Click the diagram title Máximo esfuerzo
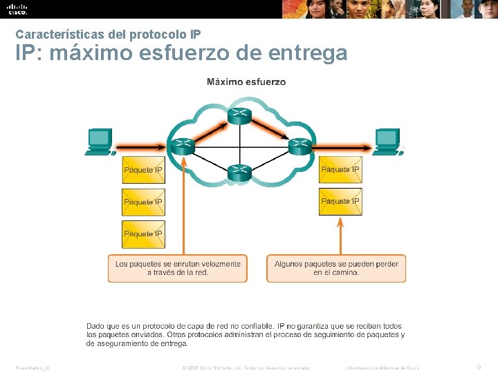pyautogui.click(x=246, y=82)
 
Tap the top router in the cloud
pyautogui.click(x=239, y=115)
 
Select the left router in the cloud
pyautogui.click(x=183, y=146)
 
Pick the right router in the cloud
pyautogui.click(x=299, y=146)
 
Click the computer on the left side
pyautogui.click(x=98, y=142)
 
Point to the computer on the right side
pyautogui.click(x=388, y=142)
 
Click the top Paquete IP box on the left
pyautogui.click(x=143, y=170)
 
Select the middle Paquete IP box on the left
pyautogui.click(x=143, y=202)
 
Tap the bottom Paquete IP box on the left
pyautogui.click(x=143, y=234)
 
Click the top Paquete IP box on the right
pyautogui.click(x=340, y=170)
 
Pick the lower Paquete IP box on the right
pyautogui.click(x=340, y=202)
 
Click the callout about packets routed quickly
pyautogui.click(x=178, y=268)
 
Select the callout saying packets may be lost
pyautogui.click(x=336, y=268)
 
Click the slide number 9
pyautogui.click(x=480, y=367)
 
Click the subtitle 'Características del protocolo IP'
pyautogui.click(x=108, y=33)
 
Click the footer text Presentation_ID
pyautogui.click(x=32, y=367)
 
